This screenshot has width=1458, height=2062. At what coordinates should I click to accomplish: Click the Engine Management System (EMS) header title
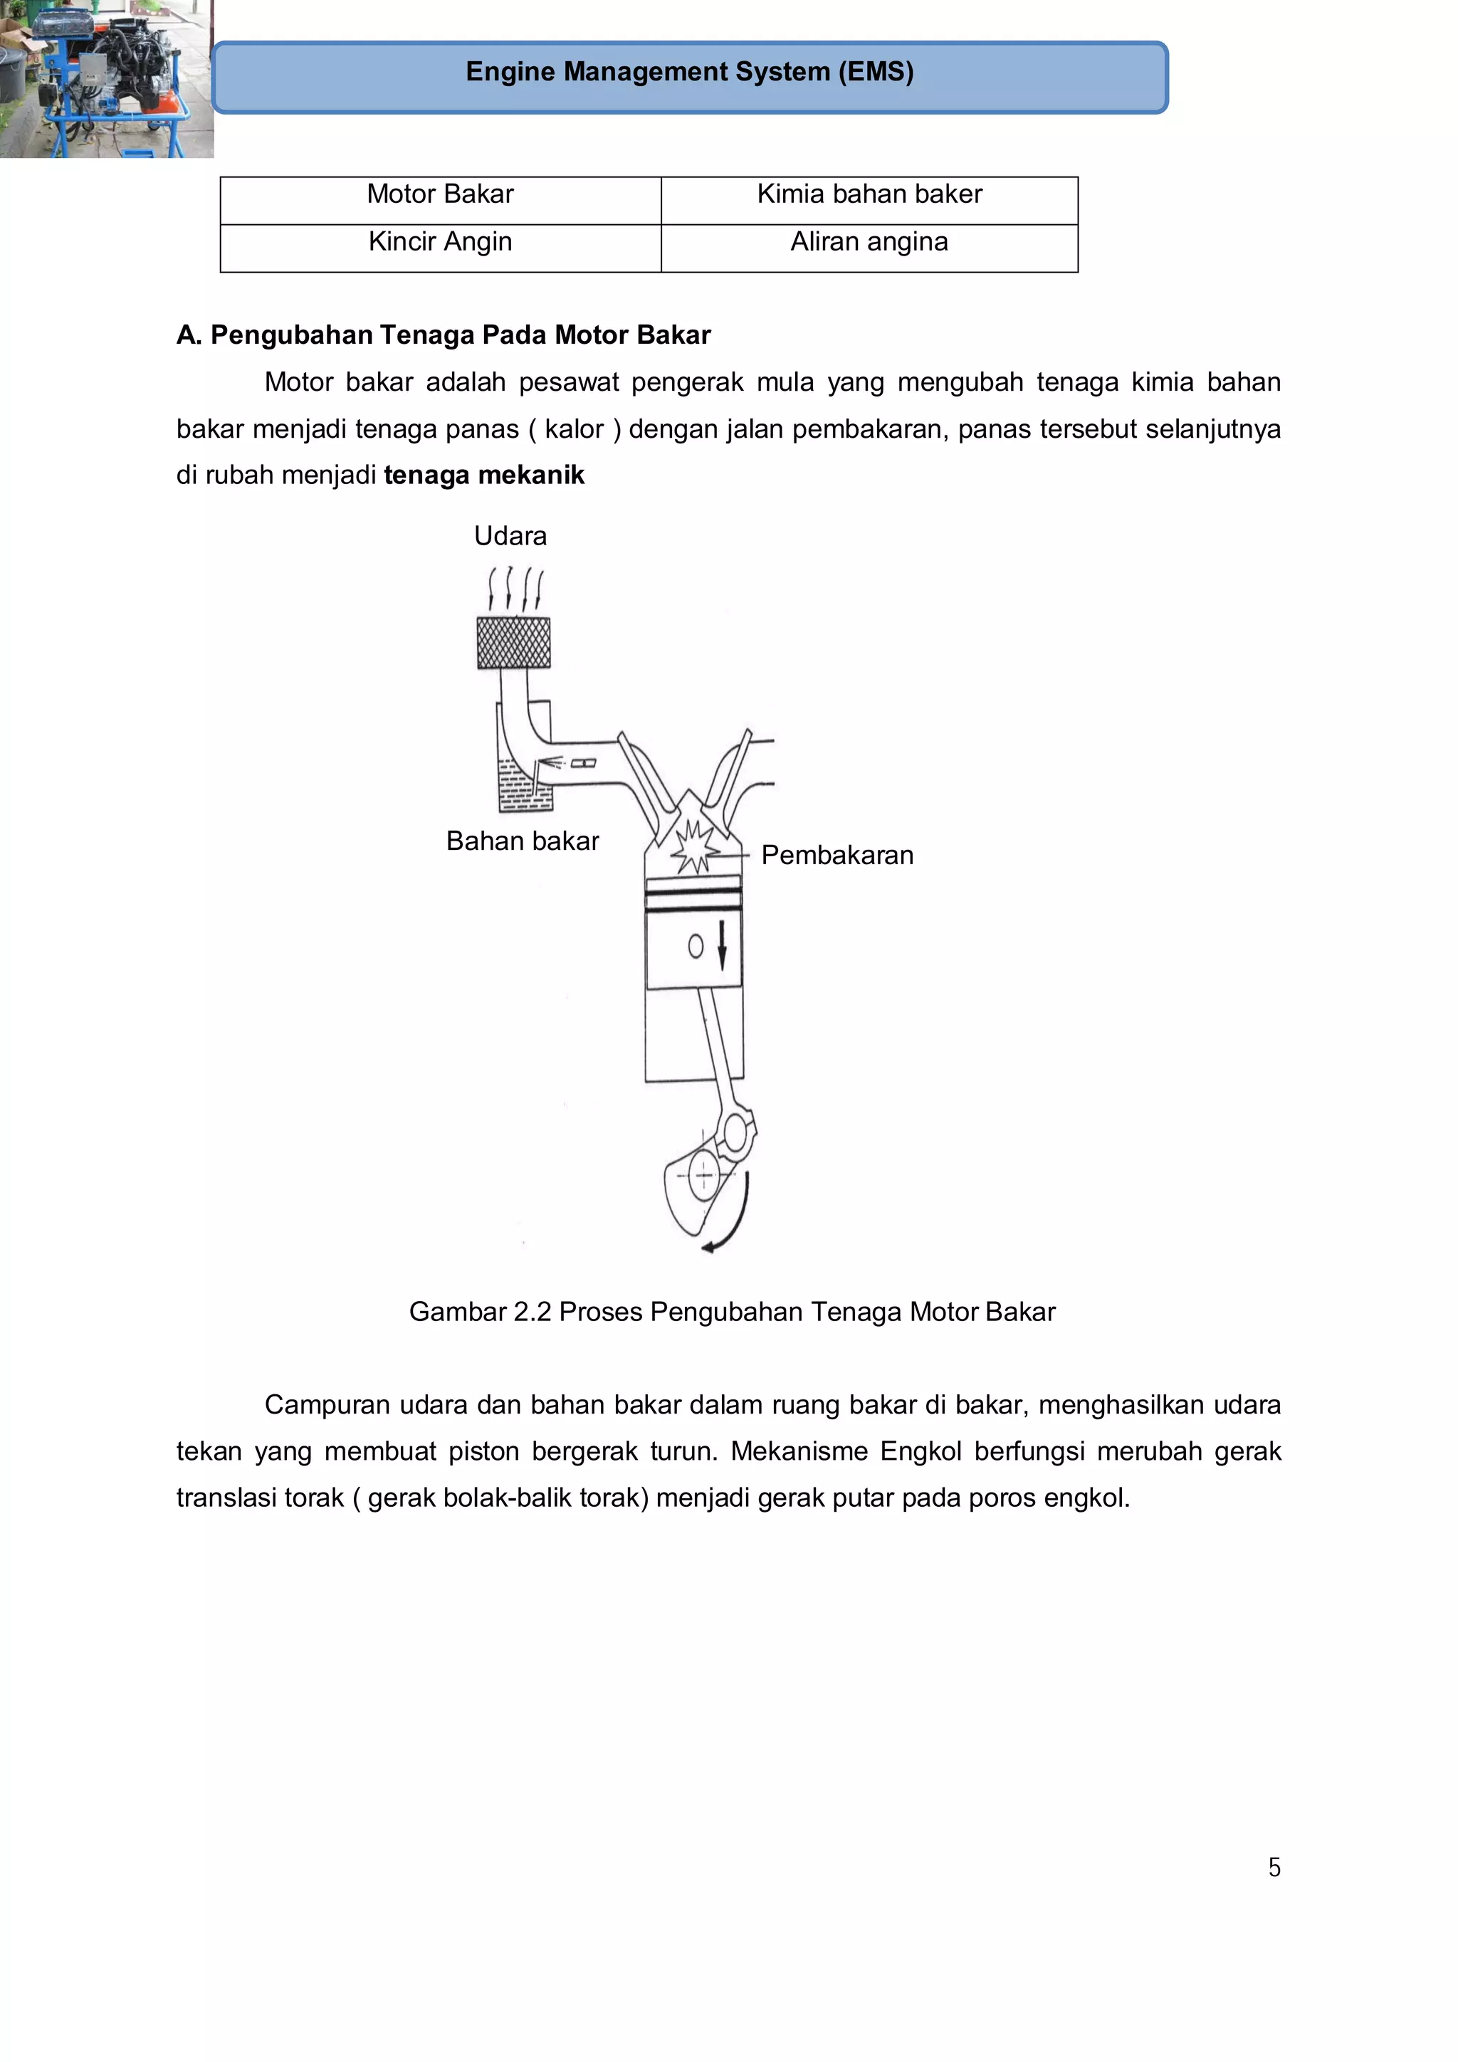pos(689,72)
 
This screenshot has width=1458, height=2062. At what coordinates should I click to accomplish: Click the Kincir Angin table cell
pos(440,243)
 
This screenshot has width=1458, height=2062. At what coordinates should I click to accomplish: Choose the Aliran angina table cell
pos(869,243)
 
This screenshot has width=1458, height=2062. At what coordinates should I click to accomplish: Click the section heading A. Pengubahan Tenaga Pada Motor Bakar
pos(443,335)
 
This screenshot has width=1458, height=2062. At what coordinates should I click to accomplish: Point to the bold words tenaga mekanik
pos(483,475)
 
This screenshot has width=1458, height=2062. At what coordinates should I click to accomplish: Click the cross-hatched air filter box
pos(513,643)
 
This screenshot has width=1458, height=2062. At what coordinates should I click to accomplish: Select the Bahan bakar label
pos(522,841)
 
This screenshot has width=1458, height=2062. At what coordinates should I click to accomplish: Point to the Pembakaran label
pos(836,856)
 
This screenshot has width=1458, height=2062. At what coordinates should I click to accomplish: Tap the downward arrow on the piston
pos(721,946)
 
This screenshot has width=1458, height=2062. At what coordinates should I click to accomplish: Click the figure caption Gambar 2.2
pos(731,1312)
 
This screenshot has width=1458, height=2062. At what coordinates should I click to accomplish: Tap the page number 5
pos(1274,1867)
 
